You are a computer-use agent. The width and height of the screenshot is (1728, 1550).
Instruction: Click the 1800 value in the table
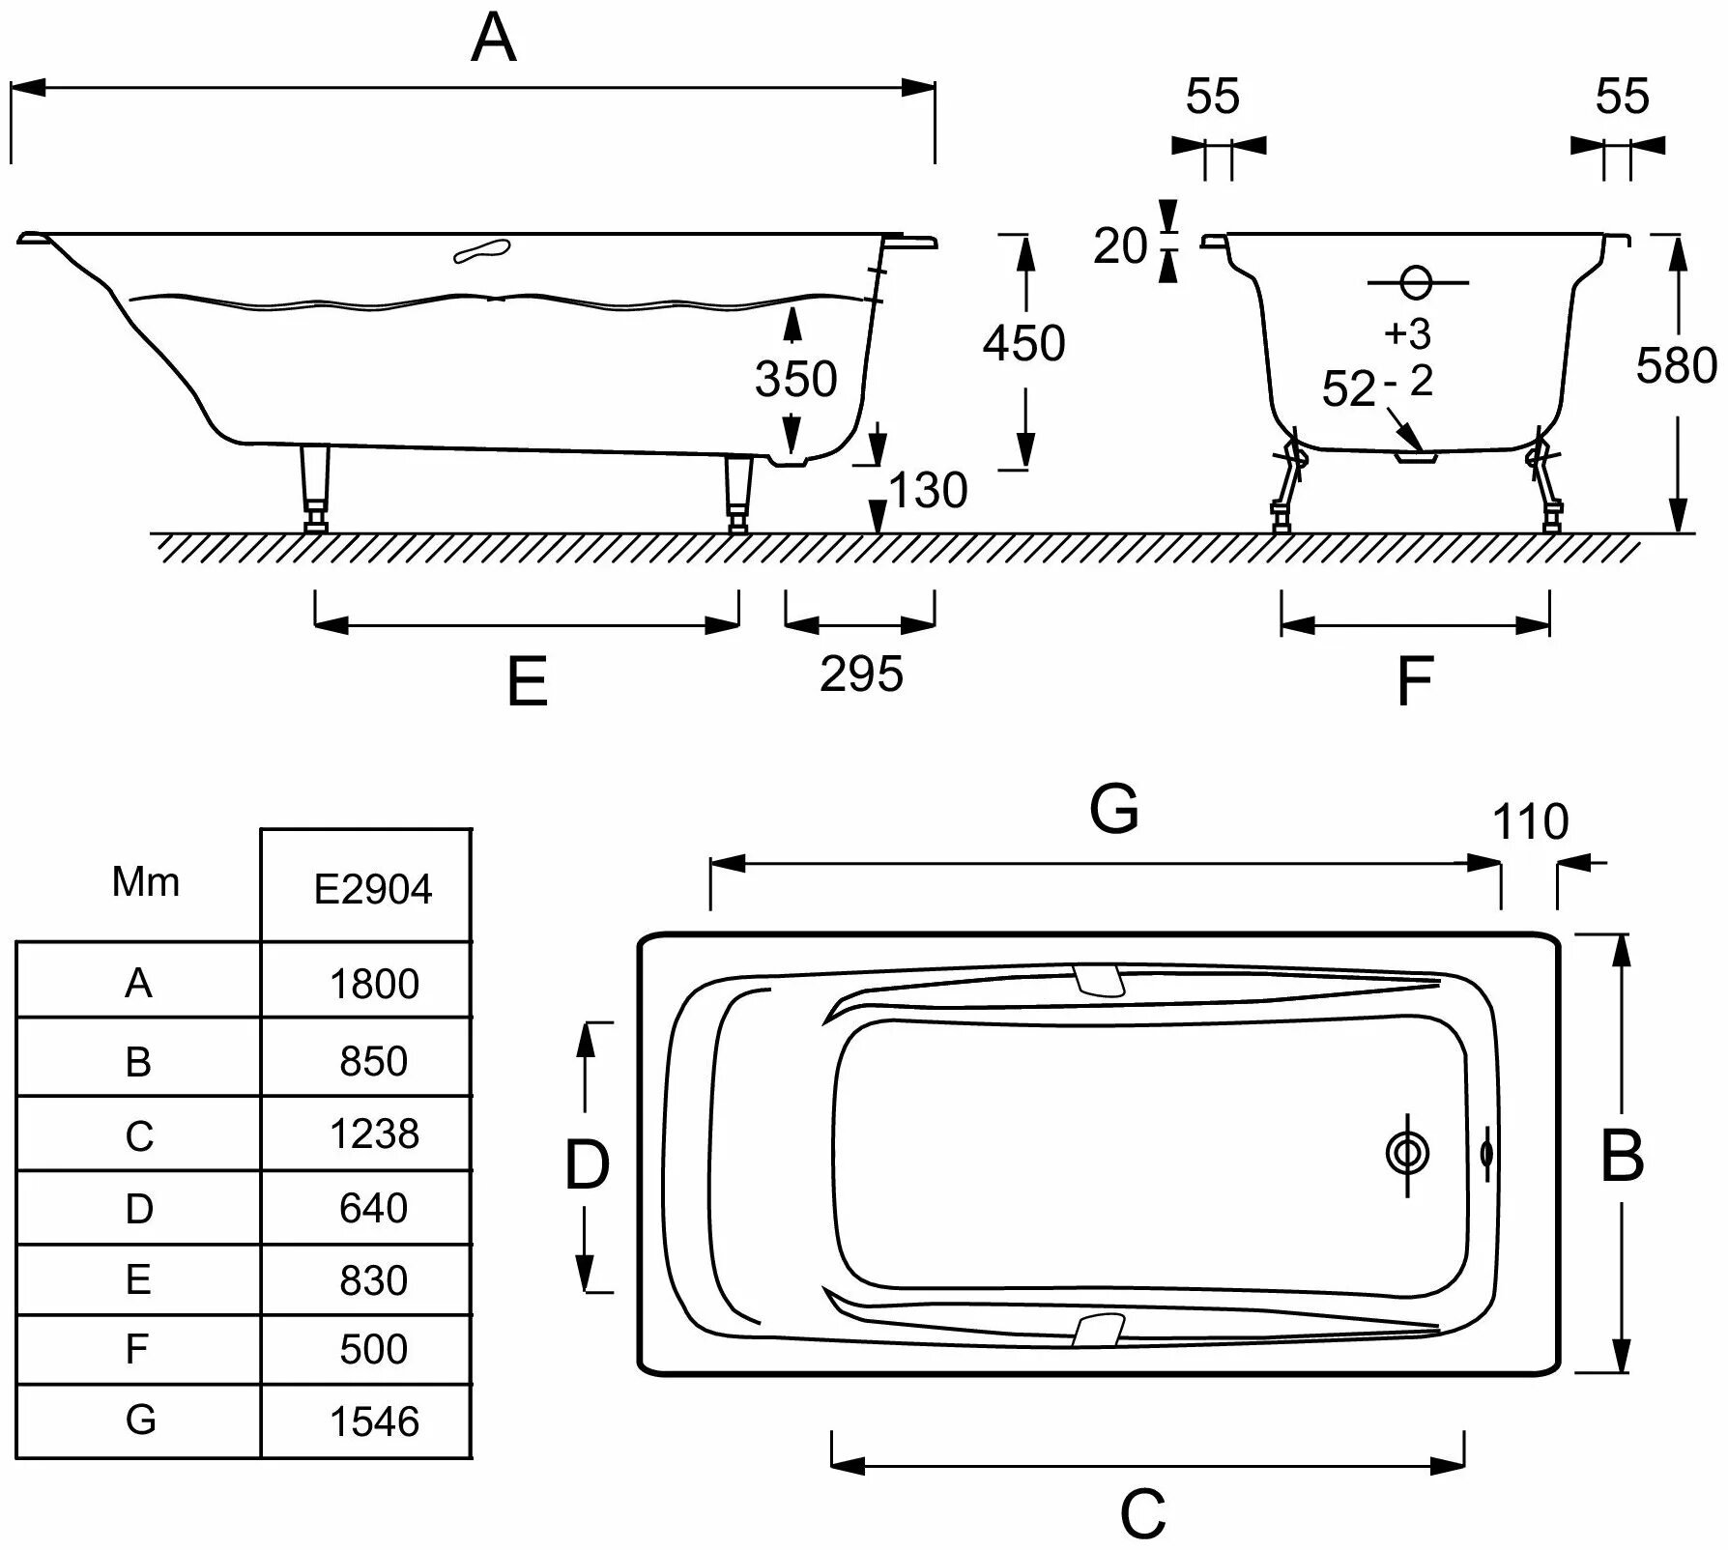click(374, 984)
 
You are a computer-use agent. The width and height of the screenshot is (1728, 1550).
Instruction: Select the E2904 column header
click(373, 888)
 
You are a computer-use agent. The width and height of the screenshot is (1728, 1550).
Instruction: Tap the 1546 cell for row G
click(374, 1421)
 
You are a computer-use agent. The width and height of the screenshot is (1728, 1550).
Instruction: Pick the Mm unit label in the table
click(145, 882)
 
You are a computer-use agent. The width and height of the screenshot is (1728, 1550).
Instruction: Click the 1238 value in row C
click(374, 1134)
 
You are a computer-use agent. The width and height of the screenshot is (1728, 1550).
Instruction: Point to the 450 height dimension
click(1023, 343)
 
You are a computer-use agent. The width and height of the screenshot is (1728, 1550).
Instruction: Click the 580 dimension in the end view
click(1676, 366)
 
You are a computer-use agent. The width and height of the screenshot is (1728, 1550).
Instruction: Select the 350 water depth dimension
click(795, 379)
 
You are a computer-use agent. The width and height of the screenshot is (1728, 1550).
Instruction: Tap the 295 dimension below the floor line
click(861, 674)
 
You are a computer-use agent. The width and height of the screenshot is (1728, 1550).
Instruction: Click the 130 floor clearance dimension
click(927, 490)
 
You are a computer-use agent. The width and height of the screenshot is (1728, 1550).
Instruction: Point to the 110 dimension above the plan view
click(1530, 822)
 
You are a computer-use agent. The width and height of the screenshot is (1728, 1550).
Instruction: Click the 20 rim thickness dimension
click(1119, 245)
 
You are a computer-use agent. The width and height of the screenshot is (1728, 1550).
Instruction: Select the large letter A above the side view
click(493, 40)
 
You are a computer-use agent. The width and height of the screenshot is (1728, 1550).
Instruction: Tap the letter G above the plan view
click(1114, 809)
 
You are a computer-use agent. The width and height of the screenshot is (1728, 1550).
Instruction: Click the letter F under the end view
click(1415, 680)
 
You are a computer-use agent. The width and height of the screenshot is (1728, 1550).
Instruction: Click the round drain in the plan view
click(1406, 1154)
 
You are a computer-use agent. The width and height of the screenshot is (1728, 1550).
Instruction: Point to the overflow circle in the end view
click(1416, 282)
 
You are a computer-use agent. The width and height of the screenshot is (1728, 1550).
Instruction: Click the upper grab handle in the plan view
click(1099, 980)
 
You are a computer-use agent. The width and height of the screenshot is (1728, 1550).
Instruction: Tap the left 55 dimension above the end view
click(1212, 97)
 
